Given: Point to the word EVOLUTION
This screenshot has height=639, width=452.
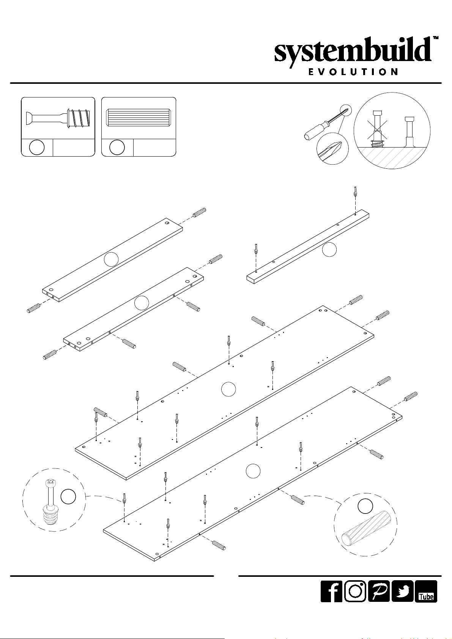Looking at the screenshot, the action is (353, 72).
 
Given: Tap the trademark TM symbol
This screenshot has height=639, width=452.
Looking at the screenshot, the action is (436, 38).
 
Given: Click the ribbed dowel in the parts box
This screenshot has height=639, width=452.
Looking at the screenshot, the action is (138, 118).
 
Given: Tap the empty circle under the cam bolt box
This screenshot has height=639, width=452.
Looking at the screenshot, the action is (37, 148).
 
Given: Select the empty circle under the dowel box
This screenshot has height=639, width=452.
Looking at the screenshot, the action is (117, 148).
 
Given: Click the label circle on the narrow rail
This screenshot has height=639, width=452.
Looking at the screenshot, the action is (329, 249).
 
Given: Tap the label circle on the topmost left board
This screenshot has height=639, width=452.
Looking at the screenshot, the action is (111, 259).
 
